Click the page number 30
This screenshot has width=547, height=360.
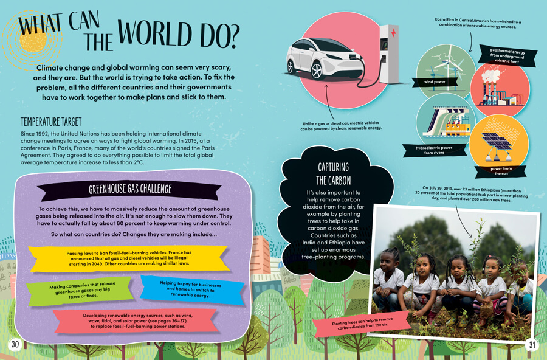[x=15, y=345]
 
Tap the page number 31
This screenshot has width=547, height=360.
[x=532, y=345]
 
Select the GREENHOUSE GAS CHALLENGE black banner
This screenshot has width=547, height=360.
[x=130, y=189]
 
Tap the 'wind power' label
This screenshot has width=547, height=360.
[x=430, y=81]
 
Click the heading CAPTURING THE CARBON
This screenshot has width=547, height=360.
[x=334, y=173]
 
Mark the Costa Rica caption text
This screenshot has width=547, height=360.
[x=478, y=22]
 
